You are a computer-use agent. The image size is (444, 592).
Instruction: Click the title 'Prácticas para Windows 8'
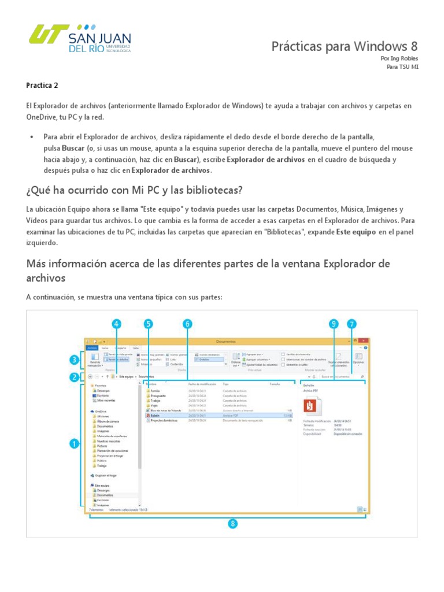[x=345, y=46]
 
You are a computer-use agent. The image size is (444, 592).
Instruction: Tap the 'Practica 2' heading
[x=42, y=85]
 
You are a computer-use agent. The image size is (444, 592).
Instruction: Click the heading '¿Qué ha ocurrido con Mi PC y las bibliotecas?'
[x=134, y=190]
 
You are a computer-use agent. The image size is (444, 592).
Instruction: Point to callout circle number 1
[x=75, y=444]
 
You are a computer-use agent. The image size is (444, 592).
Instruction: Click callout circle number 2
[x=75, y=378]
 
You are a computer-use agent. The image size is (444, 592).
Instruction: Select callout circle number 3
[x=75, y=361]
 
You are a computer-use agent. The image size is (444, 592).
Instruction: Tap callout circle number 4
[x=117, y=324]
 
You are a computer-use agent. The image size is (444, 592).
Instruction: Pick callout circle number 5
[x=149, y=324]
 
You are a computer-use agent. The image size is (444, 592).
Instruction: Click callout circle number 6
[x=187, y=324]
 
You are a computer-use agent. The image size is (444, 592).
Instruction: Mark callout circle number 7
[x=351, y=324]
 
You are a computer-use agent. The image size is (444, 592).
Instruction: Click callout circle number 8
[x=232, y=524]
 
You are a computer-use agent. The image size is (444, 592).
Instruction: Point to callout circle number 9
[x=333, y=324]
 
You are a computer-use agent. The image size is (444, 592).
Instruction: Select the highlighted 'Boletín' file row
[x=173, y=415]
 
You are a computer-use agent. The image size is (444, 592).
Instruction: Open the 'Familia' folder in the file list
[x=156, y=391]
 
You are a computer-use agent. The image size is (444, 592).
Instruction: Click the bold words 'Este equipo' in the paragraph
[x=352, y=232]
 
